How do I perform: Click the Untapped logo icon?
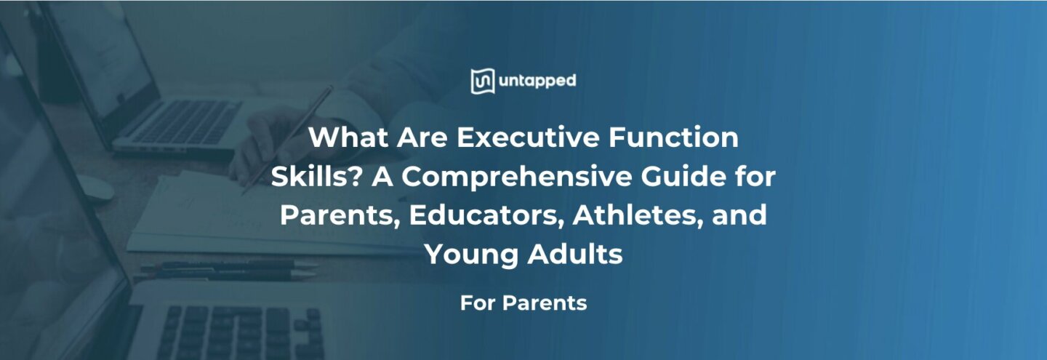pos(482,81)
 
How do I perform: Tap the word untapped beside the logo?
pos(537,81)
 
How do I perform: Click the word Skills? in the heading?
pos(316,177)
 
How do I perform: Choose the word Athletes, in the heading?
pos(639,216)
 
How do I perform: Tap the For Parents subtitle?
pos(523,303)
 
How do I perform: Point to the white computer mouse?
pos(95,188)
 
